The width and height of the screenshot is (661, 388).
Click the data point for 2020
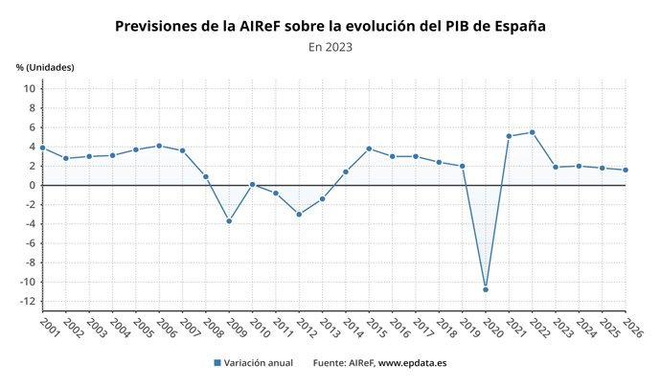click(x=486, y=289)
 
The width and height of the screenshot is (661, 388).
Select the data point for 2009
click(x=229, y=220)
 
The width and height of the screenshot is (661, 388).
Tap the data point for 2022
click(x=532, y=132)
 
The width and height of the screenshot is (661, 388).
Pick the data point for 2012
click(x=299, y=214)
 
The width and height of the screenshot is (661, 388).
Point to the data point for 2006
click(x=159, y=146)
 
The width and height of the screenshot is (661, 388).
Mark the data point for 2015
click(x=369, y=148)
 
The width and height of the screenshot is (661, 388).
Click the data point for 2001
click(x=42, y=148)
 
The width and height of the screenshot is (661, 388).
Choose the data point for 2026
click(x=625, y=170)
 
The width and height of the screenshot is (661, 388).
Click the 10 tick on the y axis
click(x=29, y=88)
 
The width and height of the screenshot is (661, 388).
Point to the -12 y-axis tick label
click(x=27, y=302)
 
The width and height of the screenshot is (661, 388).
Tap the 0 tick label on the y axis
click(x=32, y=185)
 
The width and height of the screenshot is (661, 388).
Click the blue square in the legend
click(x=217, y=363)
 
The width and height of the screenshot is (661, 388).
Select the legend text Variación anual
click(x=259, y=363)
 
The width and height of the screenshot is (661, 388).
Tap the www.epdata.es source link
click(x=412, y=363)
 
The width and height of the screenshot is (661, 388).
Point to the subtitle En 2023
click(x=330, y=47)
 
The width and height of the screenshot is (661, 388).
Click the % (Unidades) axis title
click(x=45, y=67)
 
